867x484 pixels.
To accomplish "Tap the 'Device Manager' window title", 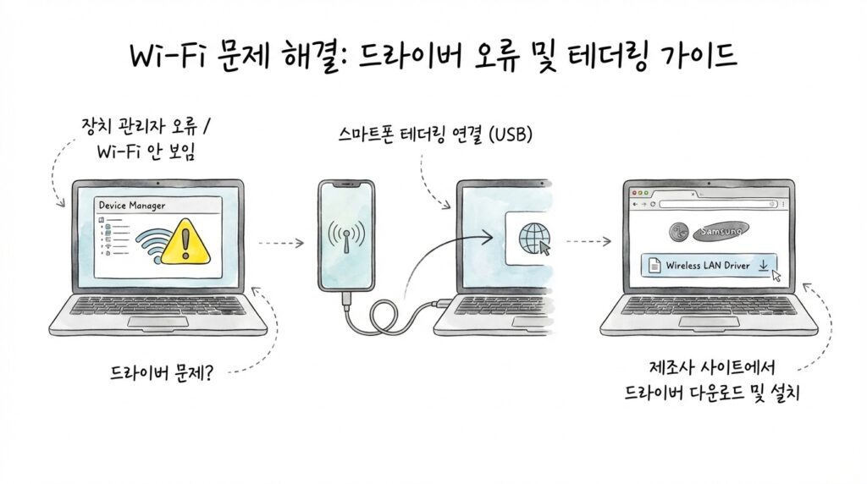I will point(132,206).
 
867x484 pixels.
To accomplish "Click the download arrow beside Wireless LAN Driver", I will point(764,266).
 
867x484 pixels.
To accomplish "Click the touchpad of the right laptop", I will point(709,322).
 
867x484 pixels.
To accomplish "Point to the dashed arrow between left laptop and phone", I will point(280,243).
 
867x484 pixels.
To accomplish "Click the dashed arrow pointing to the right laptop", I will point(588,243).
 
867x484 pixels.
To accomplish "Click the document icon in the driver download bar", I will point(654,266).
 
